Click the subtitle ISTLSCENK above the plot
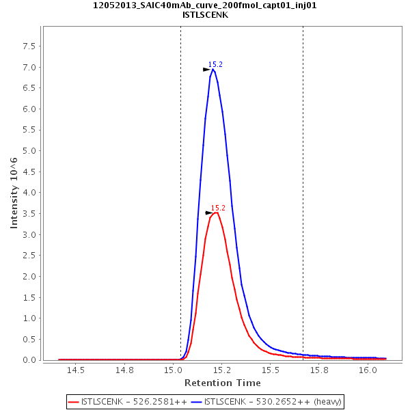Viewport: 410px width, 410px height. [x=205, y=14]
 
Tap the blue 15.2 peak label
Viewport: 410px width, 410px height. [x=215, y=64]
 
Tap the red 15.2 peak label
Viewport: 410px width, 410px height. [x=218, y=208]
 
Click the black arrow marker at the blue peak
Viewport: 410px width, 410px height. [x=206, y=70]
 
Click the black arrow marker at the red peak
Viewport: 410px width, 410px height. [x=209, y=213]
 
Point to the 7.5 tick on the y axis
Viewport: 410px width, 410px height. [x=29, y=46]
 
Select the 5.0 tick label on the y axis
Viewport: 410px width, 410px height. [x=29, y=150]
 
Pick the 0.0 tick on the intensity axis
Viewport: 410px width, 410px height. [x=29, y=359]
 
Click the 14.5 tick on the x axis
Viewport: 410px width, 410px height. [x=75, y=370]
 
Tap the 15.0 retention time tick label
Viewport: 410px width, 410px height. [x=174, y=370]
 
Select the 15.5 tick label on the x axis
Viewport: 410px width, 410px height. [x=271, y=370]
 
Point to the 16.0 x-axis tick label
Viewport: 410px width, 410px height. [x=368, y=370]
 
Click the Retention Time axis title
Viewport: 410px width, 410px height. [x=222, y=383]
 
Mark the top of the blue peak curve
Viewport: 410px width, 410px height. [x=213, y=69]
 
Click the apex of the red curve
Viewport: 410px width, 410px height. [x=216, y=213]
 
